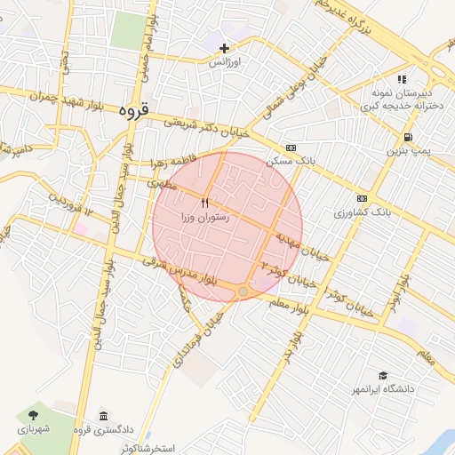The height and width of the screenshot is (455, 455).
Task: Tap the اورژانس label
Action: [225, 63]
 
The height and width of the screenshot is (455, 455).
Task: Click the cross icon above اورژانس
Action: [225, 47]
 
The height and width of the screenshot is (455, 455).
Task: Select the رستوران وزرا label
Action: [204, 217]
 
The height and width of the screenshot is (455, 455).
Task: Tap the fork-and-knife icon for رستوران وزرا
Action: [205, 204]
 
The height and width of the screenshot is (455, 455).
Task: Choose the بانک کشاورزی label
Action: [363, 213]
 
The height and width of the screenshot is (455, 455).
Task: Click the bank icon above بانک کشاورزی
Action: [362, 198]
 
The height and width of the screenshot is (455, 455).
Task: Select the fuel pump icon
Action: [407, 138]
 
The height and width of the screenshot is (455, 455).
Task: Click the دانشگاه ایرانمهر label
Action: [383, 390]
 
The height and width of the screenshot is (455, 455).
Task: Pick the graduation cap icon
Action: [383, 376]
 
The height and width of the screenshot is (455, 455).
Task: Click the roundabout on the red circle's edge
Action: [243, 291]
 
